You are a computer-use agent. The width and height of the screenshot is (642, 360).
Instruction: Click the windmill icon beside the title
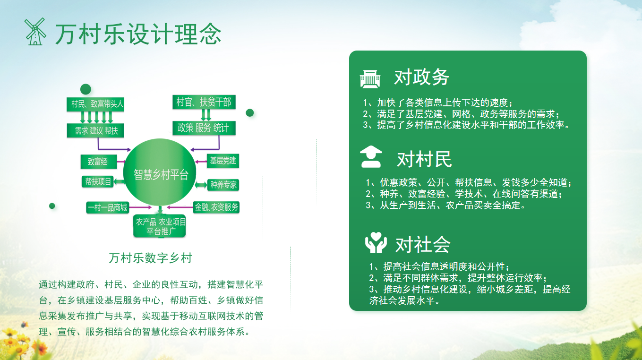35,32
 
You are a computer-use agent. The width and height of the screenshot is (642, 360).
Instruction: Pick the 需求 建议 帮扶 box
96,130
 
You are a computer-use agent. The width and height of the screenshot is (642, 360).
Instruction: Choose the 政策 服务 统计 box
203,128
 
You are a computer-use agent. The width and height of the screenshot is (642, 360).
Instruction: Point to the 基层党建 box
223,161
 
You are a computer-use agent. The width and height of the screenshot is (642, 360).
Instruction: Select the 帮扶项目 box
98,181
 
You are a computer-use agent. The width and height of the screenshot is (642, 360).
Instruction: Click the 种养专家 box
223,185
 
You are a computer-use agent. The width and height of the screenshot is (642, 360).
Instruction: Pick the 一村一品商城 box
107,207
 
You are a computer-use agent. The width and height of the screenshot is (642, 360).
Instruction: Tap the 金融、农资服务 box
216,207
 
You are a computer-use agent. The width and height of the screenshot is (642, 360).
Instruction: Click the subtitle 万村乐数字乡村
150,258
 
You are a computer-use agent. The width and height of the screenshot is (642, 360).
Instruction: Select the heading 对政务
421,77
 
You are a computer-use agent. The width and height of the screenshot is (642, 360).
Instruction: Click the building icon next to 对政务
370,78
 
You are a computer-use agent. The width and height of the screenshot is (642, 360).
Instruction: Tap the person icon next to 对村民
371,157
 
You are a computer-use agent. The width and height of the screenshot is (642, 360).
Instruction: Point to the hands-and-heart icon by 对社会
376,242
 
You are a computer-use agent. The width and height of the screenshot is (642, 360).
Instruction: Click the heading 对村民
424,160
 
